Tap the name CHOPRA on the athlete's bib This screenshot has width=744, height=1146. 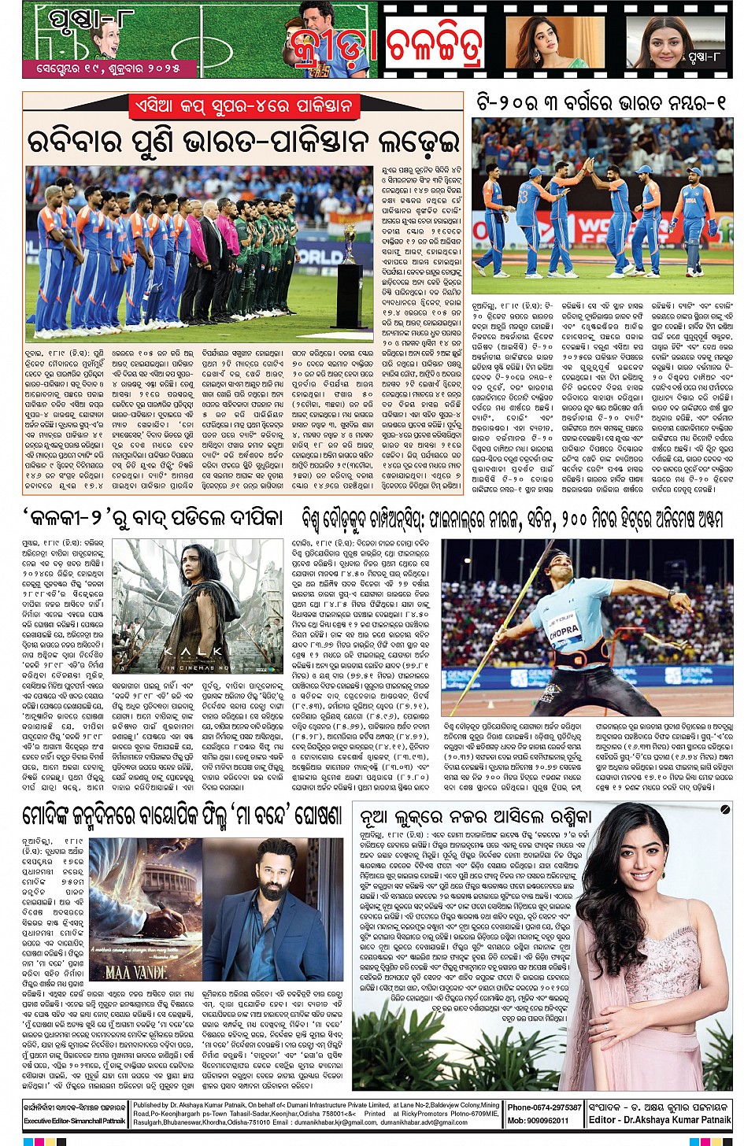click(x=564, y=630)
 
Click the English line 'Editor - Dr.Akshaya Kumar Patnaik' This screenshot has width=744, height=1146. click(x=660, y=1119)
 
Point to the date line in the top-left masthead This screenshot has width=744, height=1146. click(x=102, y=68)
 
